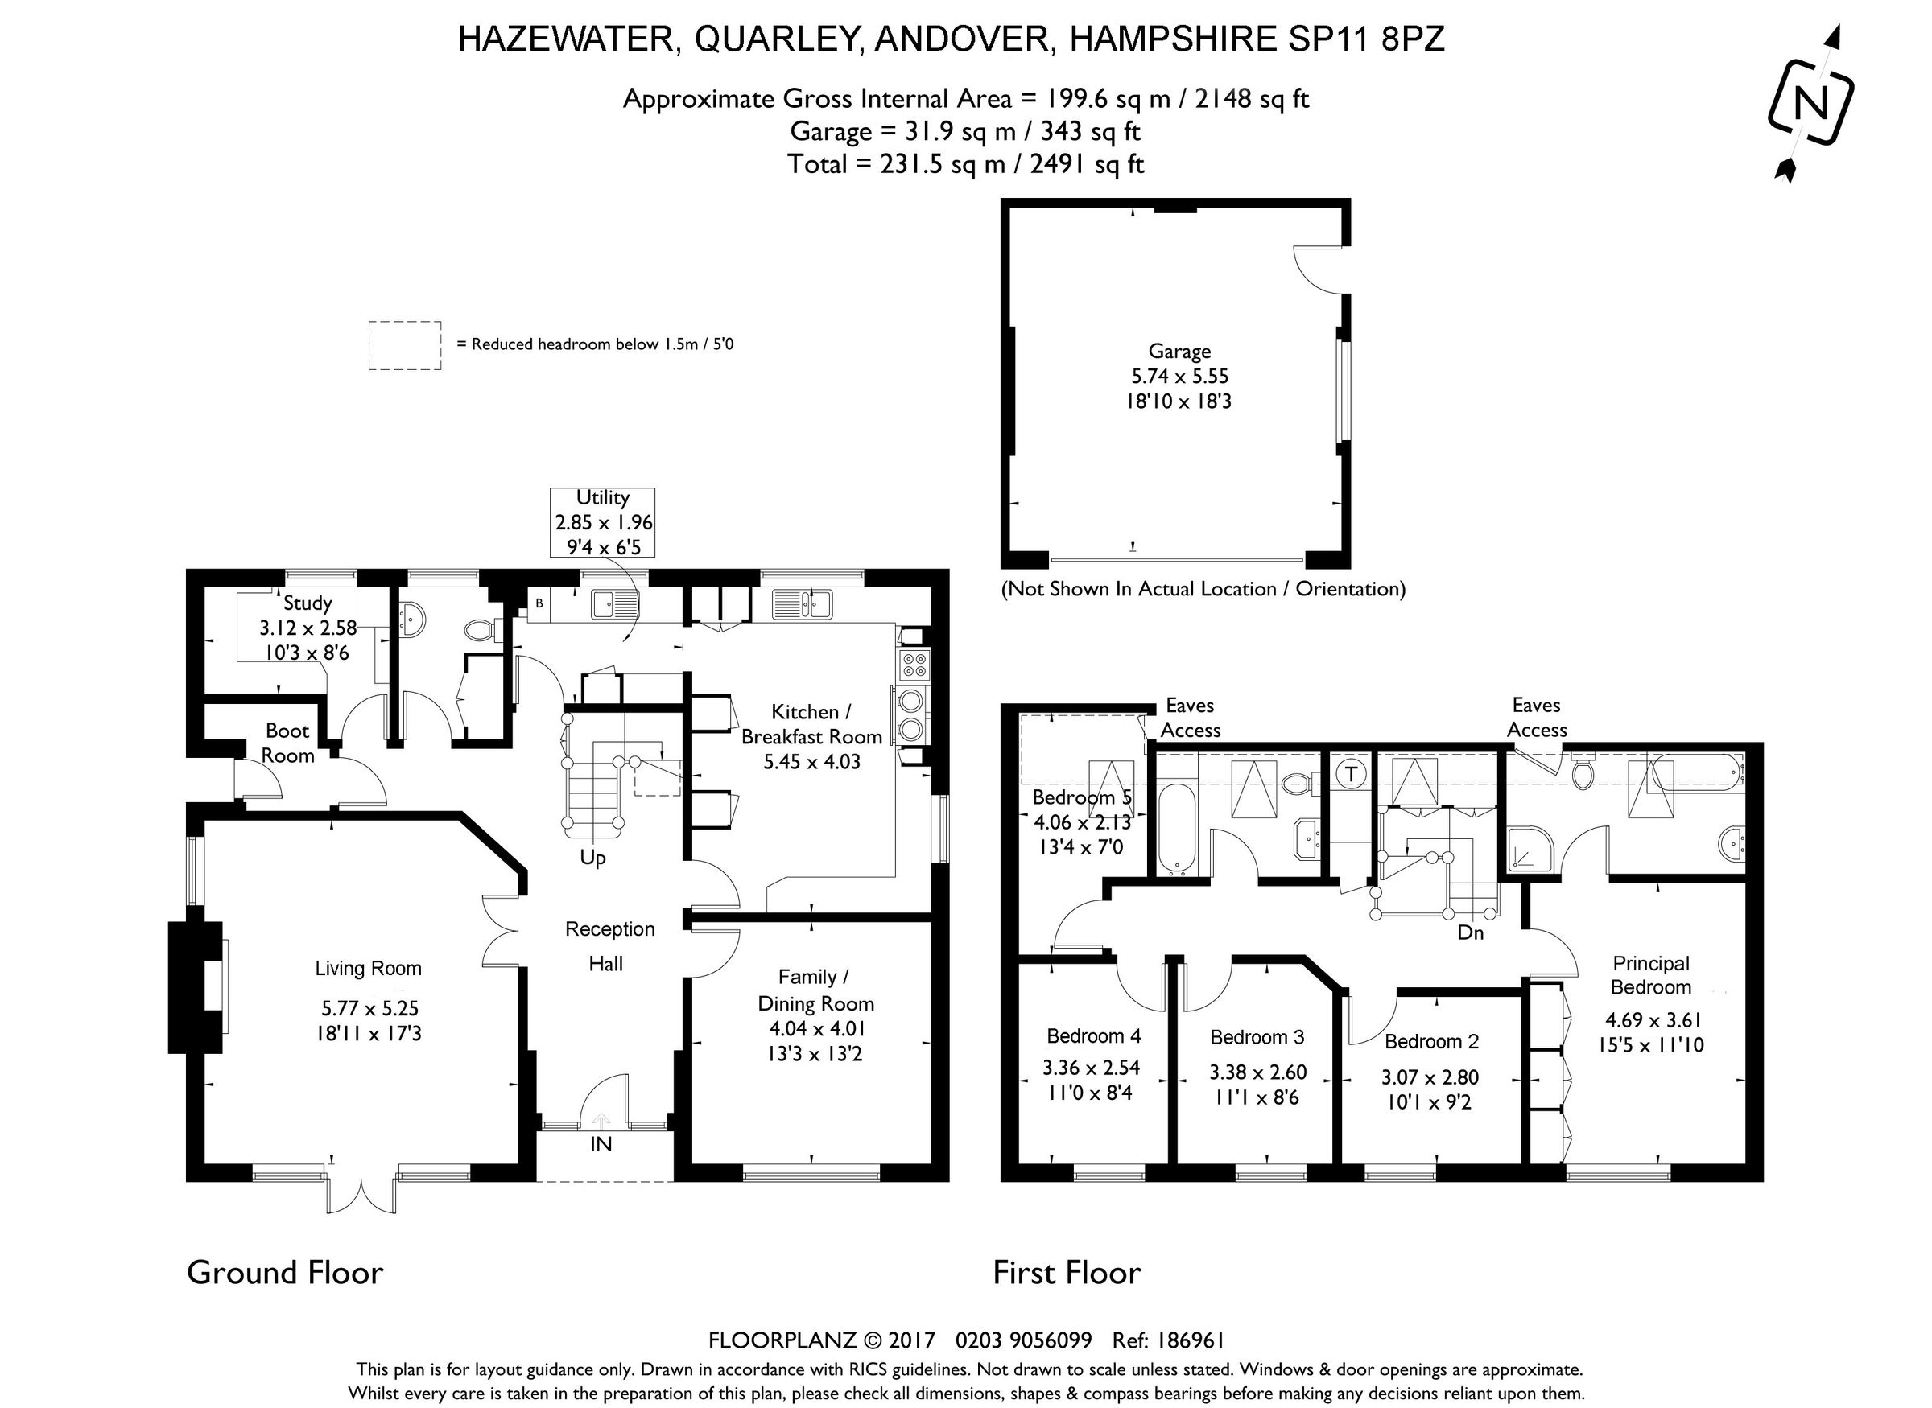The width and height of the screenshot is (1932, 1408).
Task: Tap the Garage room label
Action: (1179, 351)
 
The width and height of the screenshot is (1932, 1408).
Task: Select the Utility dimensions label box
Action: (603, 521)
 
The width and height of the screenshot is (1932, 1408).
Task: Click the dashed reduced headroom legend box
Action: (404, 345)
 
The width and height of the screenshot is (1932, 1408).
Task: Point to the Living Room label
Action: (369, 968)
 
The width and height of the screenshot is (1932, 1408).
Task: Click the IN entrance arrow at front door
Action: (601, 1120)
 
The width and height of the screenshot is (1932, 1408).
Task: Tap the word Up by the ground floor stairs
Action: (592, 858)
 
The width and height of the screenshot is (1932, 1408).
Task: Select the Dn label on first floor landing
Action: (1470, 933)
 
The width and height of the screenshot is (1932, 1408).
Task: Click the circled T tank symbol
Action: (1350, 774)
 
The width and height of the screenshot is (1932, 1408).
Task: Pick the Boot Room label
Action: (287, 743)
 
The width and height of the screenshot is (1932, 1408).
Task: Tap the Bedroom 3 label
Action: (1257, 1037)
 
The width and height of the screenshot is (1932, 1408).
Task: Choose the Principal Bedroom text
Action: (1650, 975)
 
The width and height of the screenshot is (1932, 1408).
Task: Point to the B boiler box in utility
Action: (539, 603)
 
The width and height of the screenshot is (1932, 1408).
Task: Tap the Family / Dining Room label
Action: (815, 990)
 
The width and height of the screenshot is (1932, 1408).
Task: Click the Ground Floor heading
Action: (285, 1273)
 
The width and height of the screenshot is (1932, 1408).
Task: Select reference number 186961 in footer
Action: (1191, 1340)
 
